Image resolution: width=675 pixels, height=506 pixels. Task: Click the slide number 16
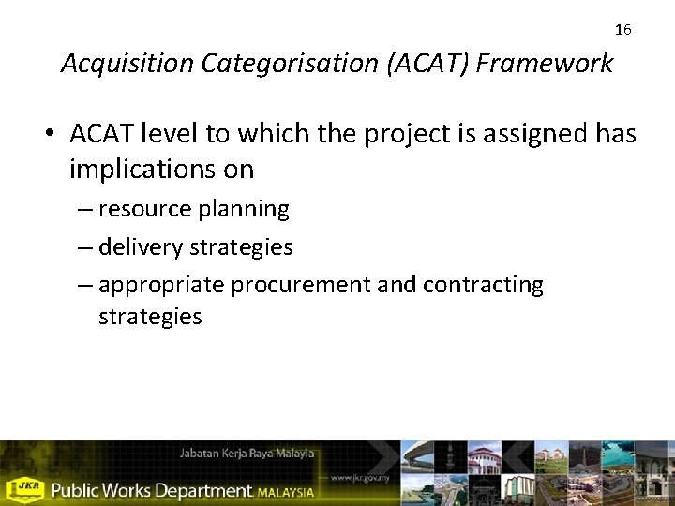tap(623, 30)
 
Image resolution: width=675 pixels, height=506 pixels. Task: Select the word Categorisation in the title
tap(264, 64)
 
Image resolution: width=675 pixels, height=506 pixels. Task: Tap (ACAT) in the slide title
tap(405, 64)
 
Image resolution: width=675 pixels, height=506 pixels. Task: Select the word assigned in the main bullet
tap(532, 135)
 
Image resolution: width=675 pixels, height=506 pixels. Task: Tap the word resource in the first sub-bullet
tap(141, 209)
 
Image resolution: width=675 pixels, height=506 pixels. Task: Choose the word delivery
tap(141, 247)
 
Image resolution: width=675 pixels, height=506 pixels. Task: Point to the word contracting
tap(483, 285)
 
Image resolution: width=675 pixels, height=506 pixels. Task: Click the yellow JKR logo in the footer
tap(24, 489)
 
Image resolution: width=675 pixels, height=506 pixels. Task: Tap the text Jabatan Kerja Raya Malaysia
tap(247, 454)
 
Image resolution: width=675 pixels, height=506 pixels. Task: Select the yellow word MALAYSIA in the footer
tap(287, 491)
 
